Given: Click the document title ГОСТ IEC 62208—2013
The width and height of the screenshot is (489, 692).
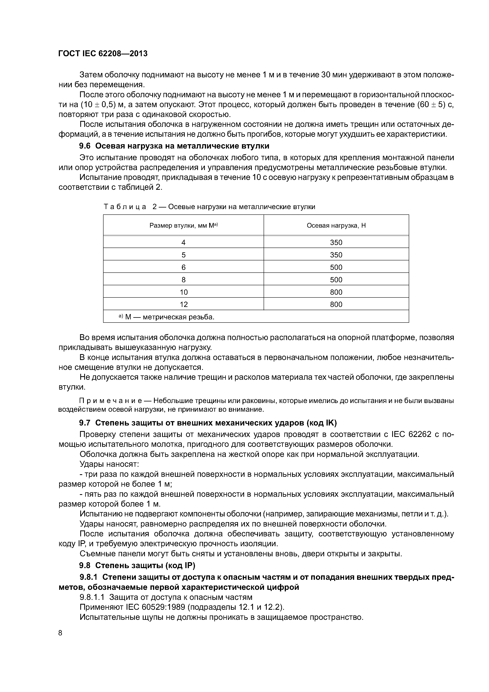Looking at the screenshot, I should point(103,54).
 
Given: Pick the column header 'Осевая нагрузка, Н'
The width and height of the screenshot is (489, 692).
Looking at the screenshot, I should point(336,225).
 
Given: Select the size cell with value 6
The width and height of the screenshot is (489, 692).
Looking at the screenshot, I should point(184,267).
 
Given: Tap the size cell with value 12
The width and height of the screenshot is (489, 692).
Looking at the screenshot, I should point(184,304).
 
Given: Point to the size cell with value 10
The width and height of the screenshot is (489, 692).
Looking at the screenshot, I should point(184,292).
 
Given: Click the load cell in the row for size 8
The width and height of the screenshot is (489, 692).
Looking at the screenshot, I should point(336,280).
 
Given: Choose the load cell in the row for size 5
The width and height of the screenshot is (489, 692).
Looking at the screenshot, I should point(336,255).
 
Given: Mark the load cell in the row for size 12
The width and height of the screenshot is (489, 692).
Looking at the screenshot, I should point(336,304).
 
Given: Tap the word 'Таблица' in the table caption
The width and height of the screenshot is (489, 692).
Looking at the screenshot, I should point(125,207).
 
